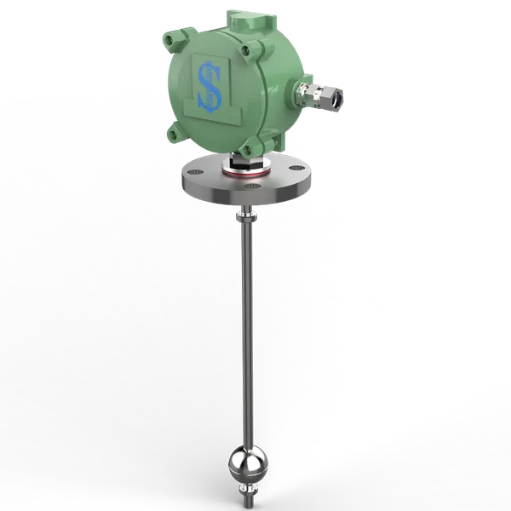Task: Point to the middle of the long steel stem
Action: click(x=246, y=341)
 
